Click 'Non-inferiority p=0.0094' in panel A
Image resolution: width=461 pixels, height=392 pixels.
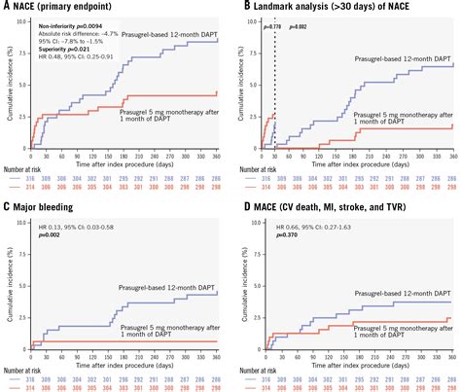(66, 21)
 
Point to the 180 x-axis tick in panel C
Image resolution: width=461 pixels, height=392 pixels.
(126, 355)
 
